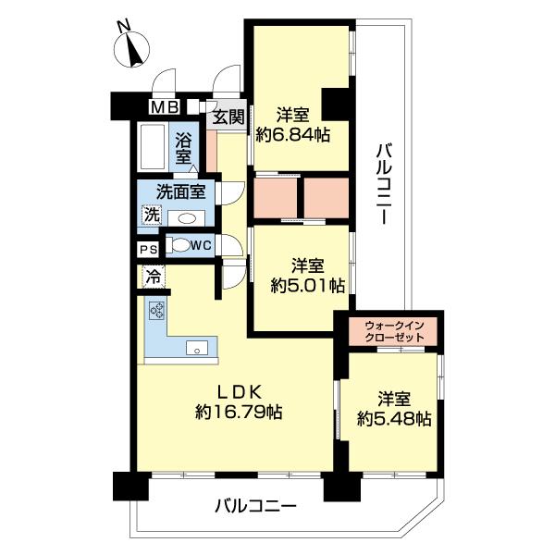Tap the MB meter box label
click(165, 107)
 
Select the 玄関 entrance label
click(229, 117)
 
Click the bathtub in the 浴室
click(153, 146)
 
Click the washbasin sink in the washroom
click(186, 218)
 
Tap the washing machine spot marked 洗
click(153, 215)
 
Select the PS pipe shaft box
click(149, 250)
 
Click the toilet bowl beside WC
click(179, 245)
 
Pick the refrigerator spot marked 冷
click(154, 277)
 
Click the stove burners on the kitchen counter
click(157, 311)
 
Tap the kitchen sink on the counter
click(197, 348)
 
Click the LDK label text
click(240, 392)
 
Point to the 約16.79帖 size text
click(239, 412)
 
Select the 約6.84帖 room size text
click(293, 134)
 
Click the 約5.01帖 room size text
click(308, 285)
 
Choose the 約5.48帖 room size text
click(394, 419)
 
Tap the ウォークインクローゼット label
click(394, 330)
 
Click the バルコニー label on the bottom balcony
click(255, 507)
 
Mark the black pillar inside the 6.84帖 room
click(335, 104)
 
